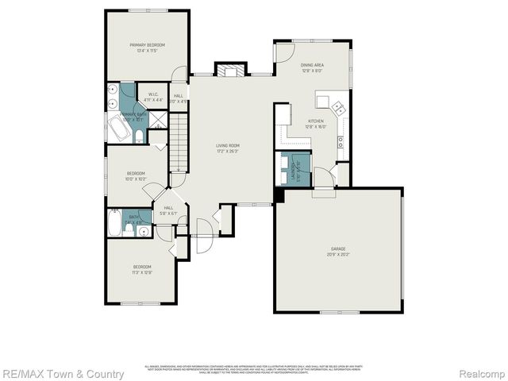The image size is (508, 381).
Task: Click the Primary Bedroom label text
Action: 147,48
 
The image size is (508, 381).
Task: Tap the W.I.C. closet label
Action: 148,97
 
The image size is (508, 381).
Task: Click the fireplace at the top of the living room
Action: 231,71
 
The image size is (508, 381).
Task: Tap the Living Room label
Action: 228,148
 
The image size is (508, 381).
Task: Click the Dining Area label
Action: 311,67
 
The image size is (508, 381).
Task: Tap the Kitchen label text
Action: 317,124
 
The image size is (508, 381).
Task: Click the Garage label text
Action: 339,252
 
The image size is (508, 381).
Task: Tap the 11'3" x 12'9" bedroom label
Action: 142,269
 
